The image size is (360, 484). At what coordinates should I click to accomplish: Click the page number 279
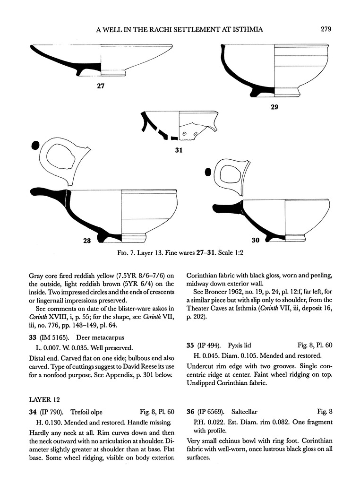(326, 29)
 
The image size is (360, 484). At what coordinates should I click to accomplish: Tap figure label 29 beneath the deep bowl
(274, 107)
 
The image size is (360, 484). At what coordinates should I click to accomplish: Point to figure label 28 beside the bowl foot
(86, 241)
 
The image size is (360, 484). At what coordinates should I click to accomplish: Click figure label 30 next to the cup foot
(255, 241)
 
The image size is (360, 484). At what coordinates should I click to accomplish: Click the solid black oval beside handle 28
(34, 146)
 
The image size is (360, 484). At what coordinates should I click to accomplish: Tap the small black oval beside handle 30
(207, 173)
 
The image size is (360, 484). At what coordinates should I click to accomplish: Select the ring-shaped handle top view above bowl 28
(61, 164)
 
